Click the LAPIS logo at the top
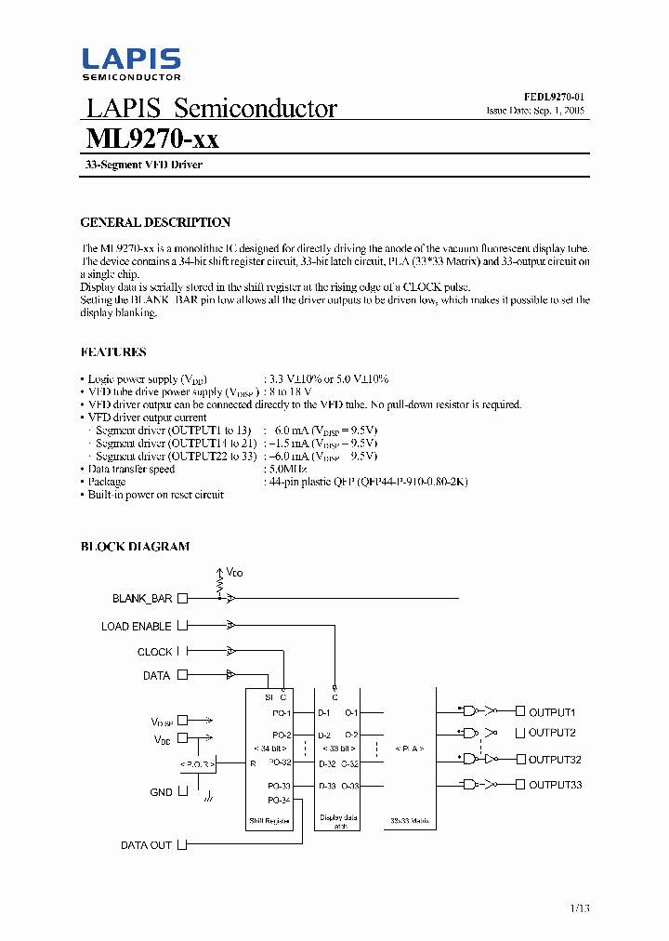[x=131, y=63]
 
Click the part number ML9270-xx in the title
[x=152, y=139]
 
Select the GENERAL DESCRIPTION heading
[x=155, y=222]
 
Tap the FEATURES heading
[x=113, y=352]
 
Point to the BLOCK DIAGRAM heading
[x=135, y=547]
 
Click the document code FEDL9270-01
[x=554, y=97]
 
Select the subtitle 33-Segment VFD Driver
[x=138, y=165]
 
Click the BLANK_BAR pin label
[x=142, y=599]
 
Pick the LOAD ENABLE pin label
[x=136, y=627]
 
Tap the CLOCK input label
[x=154, y=652]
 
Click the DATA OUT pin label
[x=146, y=845]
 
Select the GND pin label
[x=161, y=792]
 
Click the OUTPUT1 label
[x=552, y=712]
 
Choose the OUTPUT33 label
[x=555, y=786]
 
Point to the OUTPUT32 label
[x=555, y=759]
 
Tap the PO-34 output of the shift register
[x=279, y=801]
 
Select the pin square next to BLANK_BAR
[x=182, y=599]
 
